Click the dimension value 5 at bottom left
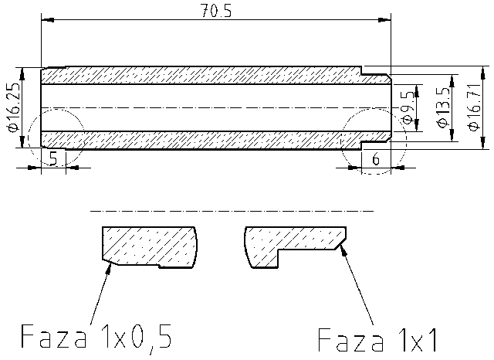[52, 158]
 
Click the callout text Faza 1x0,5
[95, 336]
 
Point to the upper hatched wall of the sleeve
[201, 75]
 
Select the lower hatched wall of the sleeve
[201, 139]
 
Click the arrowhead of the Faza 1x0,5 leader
[113, 265]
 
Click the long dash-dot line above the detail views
[232, 209]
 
